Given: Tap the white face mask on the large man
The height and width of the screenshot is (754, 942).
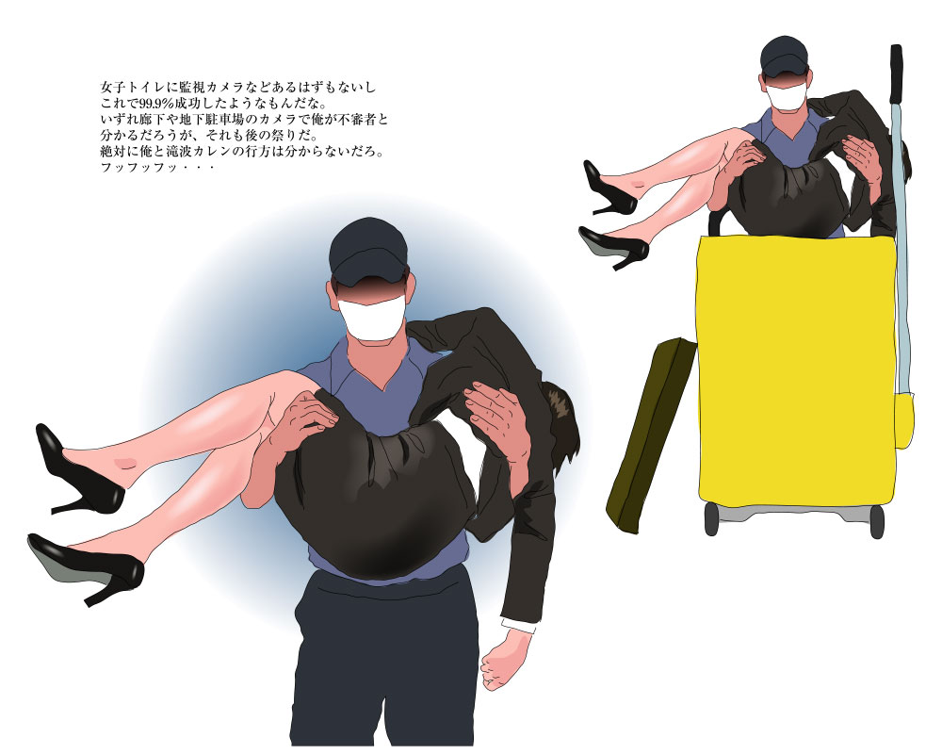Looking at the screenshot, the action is point(371,318).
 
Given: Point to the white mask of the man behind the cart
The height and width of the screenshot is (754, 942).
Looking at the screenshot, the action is point(787,96).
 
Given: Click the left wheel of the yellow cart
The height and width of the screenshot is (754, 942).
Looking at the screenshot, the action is point(712,519).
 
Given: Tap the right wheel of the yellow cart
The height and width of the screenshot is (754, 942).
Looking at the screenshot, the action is point(877,521).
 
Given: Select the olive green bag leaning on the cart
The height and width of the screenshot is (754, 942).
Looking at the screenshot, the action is point(651,434).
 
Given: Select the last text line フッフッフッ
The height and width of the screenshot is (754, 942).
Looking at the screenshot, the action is point(157,169).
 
